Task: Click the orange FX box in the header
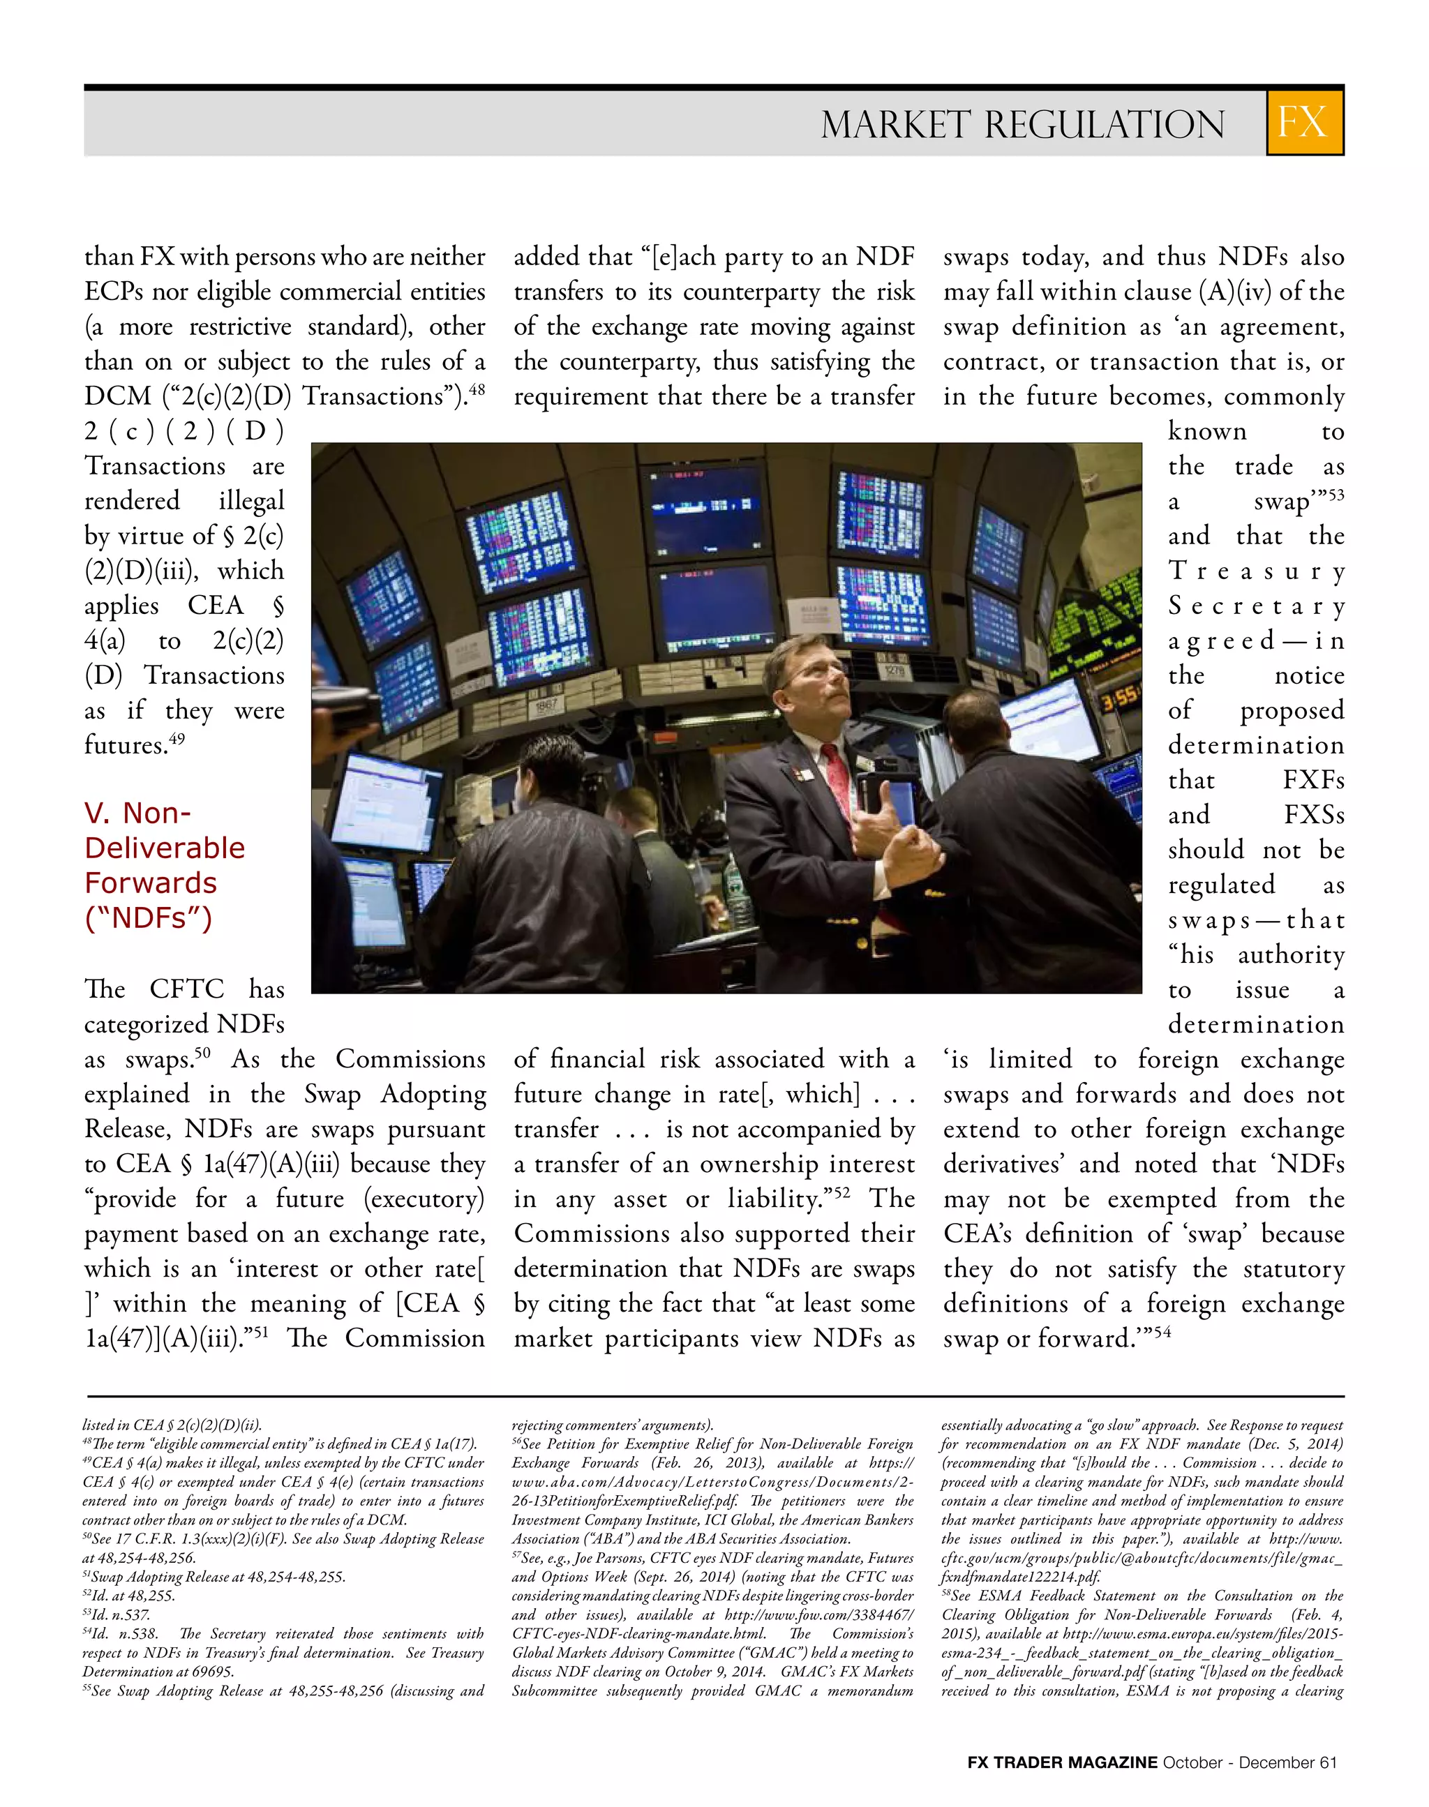click(x=1304, y=122)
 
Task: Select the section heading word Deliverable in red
click(x=164, y=848)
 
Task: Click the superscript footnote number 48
click(x=476, y=388)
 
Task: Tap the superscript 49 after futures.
click(x=177, y=738)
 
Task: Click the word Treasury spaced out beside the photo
click(x=1255, y=571)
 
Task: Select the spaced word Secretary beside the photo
click(x=1255, y=606)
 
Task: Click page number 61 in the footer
click(x=1328, y=1762)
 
